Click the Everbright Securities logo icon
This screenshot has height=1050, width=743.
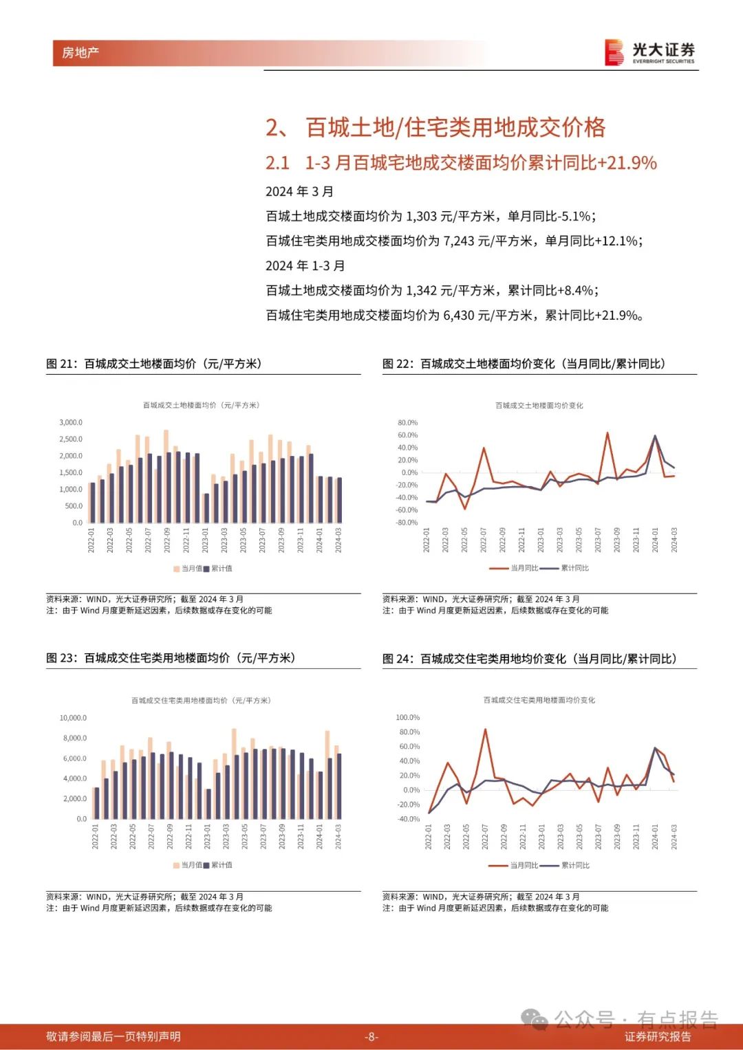[614, 52]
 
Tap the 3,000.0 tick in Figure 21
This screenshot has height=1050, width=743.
[71, 422]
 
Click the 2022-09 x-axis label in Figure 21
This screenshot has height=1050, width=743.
[167, 540]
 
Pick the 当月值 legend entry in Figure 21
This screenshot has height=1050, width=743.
[188, 569]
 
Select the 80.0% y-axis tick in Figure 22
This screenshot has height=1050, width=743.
[407, 423]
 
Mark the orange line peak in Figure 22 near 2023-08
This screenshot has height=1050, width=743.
[607, 433]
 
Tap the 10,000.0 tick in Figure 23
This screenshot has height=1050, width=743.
[73, 718]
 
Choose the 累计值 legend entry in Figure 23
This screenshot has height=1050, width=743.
[217, 865]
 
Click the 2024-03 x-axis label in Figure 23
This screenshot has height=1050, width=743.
[338, 837]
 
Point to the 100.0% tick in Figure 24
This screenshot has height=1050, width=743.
[407, 717]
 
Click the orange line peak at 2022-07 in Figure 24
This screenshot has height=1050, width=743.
[485, 729]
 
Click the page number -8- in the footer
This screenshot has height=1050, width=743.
[371, 1036]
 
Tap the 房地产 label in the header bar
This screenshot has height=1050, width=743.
[80, 52]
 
